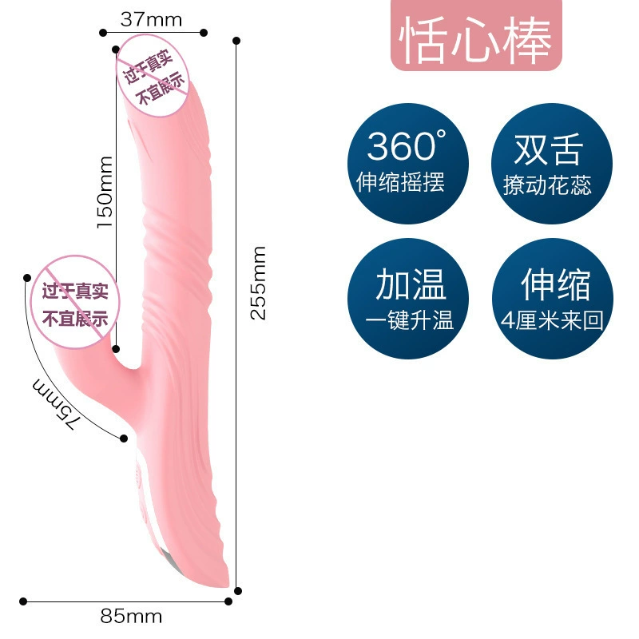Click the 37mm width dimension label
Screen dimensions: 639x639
[x=151, y=19]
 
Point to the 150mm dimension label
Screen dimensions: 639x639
[x=105, y=192]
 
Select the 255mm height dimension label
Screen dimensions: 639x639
[x=258, y=283]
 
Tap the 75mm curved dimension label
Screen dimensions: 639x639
[x=54, y=403]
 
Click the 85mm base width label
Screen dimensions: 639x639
[x=131, y=616]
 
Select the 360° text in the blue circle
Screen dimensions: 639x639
[x=407, y=145]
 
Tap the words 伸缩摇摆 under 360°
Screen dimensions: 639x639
[x=400, y=182]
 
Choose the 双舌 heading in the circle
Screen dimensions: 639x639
[x=549, y=149]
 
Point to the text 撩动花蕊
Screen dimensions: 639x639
[x=547, y=185]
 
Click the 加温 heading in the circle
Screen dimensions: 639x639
[x=411, y=284]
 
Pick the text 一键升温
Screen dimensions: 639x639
[x=410, y=320]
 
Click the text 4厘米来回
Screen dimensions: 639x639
[x=552, y=320]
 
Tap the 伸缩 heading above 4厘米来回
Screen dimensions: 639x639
[x=556, y=284]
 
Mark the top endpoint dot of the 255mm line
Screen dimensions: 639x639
[x=236, y=41]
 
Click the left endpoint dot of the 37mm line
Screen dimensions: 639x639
[x=103, y=33]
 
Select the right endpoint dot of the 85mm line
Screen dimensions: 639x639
[x=228, y=601]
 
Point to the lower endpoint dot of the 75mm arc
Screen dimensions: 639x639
[x=124, y=439]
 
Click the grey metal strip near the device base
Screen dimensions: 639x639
[x=170, y=559]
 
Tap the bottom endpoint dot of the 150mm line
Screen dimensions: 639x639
[x=116, y=349]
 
